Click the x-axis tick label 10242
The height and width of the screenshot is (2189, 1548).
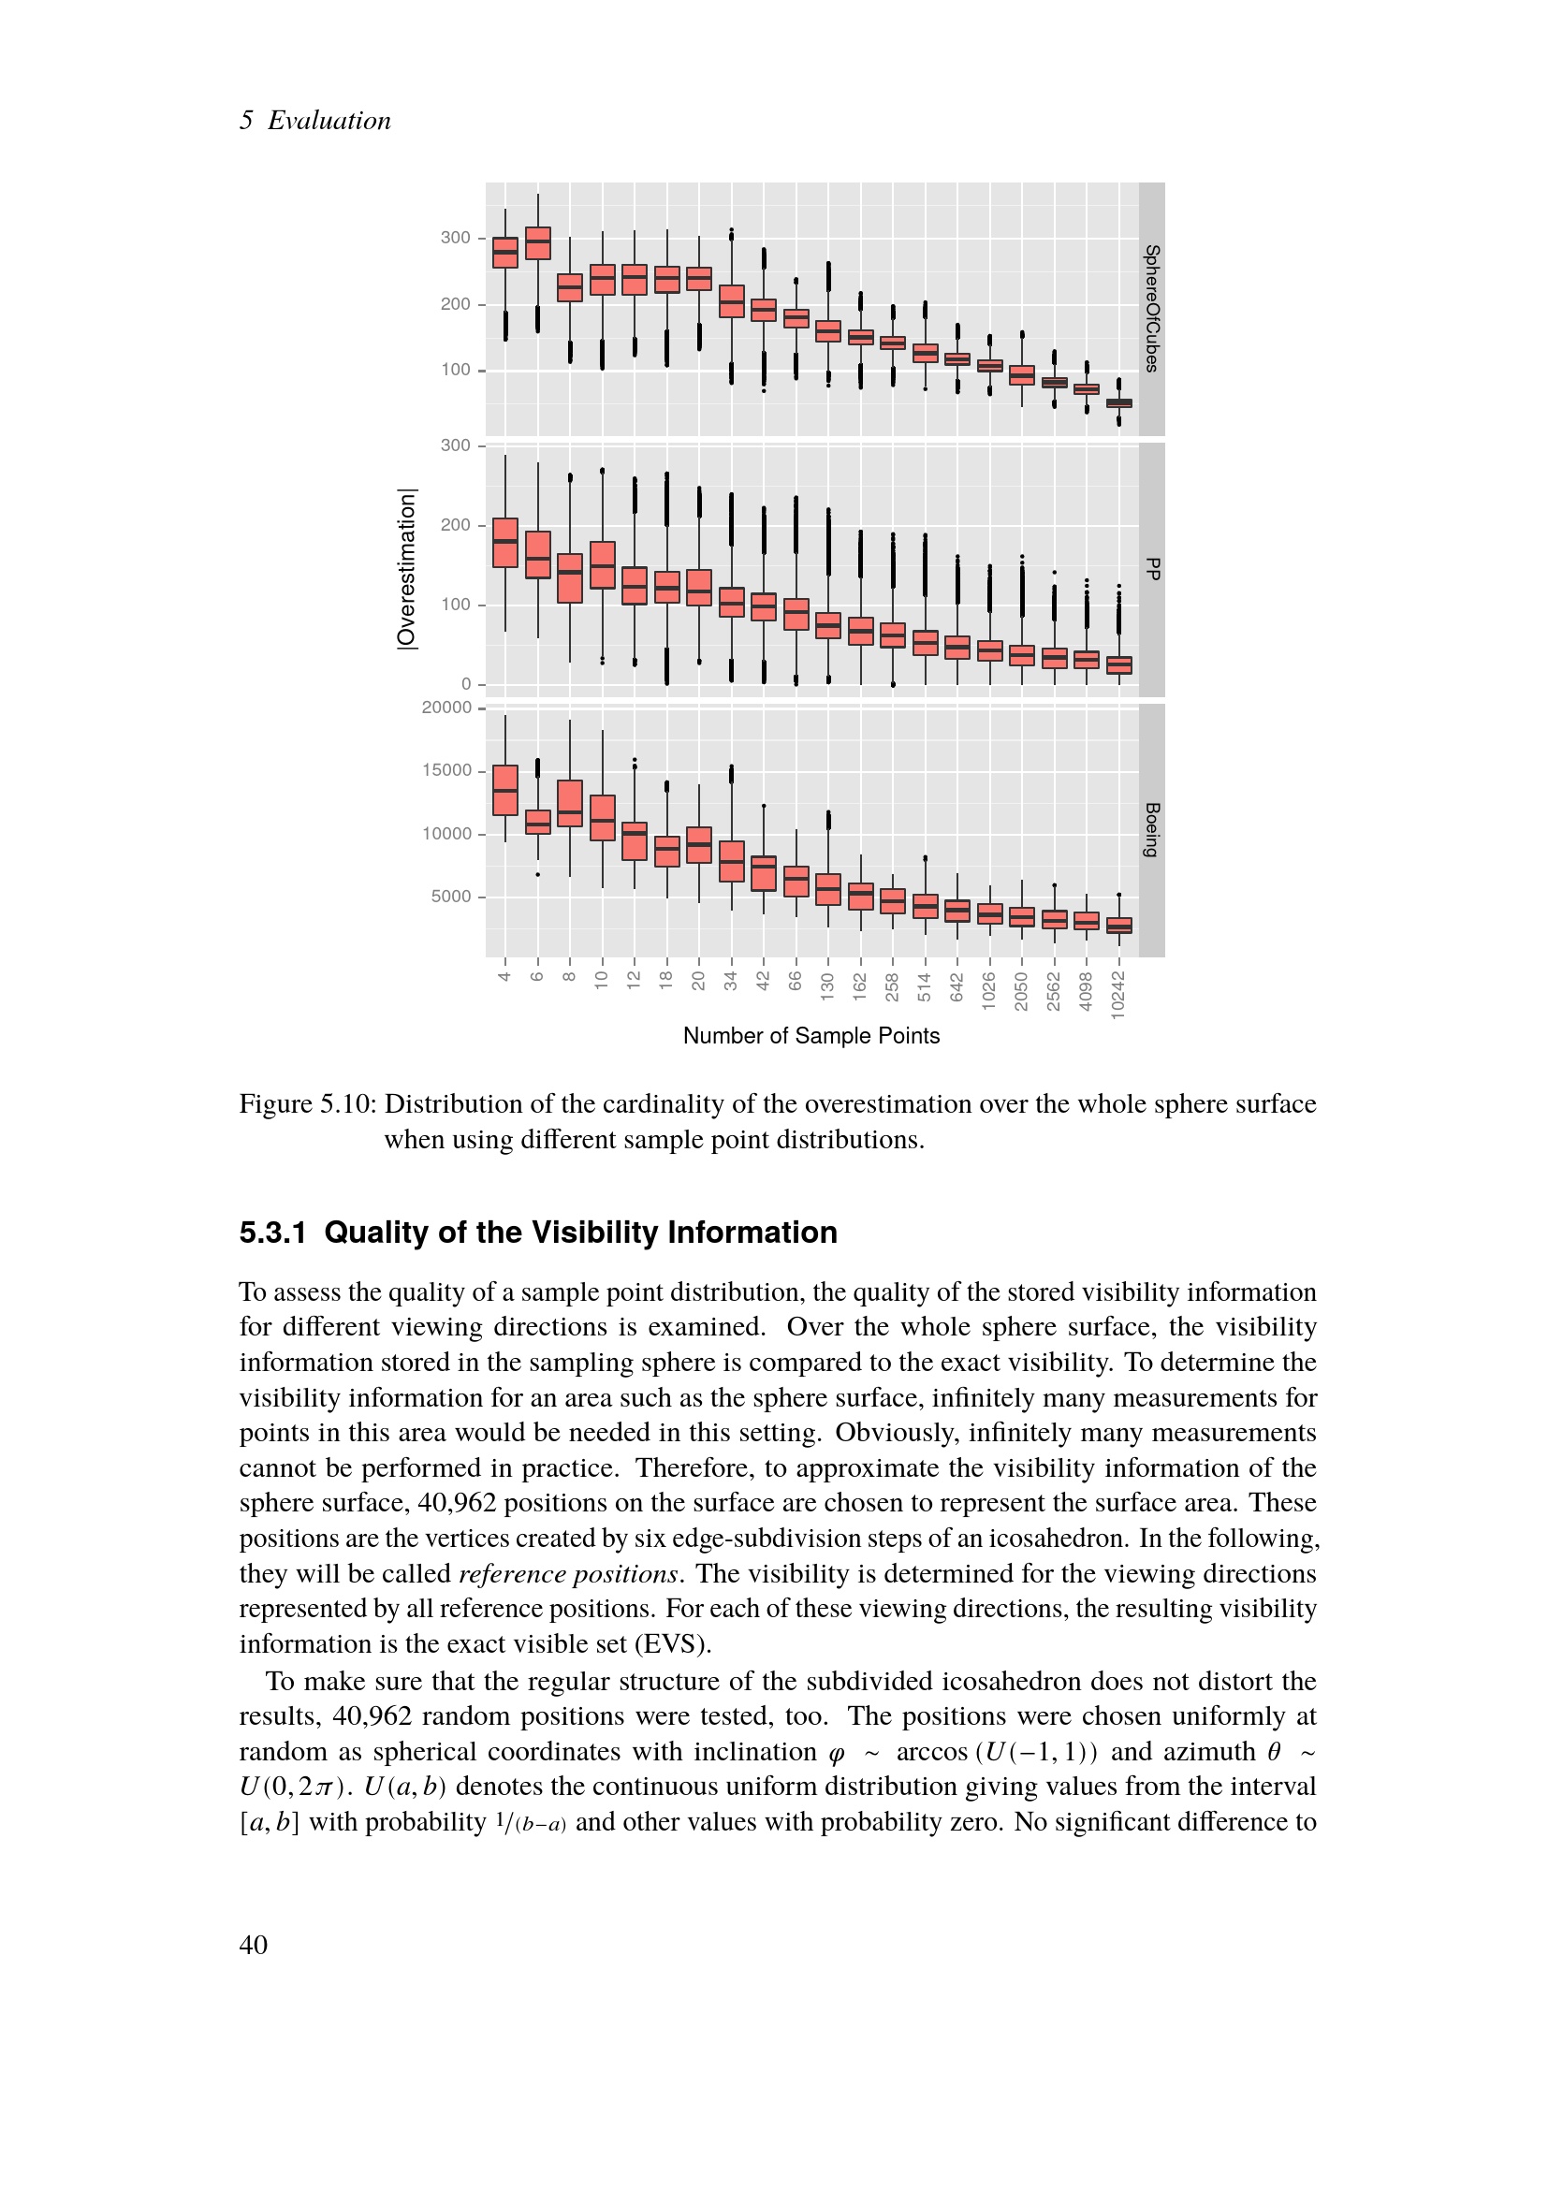click(x=1118, y=996)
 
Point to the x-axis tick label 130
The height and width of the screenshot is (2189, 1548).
click(x=827, y=985)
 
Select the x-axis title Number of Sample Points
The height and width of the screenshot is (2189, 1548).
click(x=811, y=1036)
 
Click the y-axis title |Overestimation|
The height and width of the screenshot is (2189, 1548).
click(x=407, y=569)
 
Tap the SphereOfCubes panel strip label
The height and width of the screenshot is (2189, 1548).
click(x=1151, y=308)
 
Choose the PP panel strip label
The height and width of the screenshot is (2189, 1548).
click(x=1151, y=569)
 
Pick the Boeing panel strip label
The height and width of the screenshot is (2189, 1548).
click(x=1151, y=829)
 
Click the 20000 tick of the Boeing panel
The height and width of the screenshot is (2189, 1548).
click(x=447, y=708)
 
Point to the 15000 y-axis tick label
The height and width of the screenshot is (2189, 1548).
click(x=447, y=770)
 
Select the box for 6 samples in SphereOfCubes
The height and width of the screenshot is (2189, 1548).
click(x=537, y=243)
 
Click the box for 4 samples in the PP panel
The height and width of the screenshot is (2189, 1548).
click(x=505, y=543)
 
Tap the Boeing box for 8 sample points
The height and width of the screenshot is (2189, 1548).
click(x=570, y=804)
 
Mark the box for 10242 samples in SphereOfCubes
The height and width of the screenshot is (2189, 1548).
click(x=1119, y=403)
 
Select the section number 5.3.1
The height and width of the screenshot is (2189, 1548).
click(x=272, y=1233)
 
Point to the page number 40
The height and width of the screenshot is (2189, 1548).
click(x=254, y=1945)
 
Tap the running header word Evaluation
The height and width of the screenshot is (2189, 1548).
click(x=329, y=120)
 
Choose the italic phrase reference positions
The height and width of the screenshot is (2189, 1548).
click(x=568, y=1573)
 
